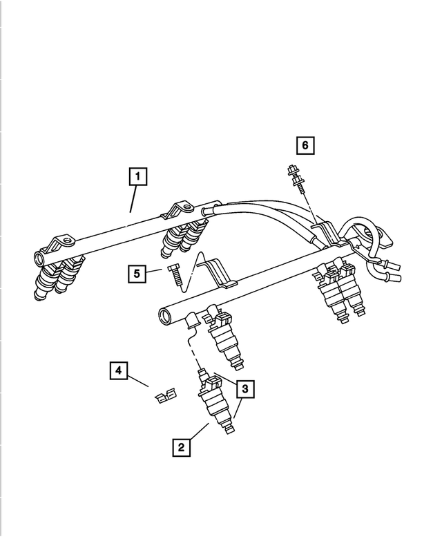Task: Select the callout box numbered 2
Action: click(x=182, y=447)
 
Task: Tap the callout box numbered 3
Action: click(x=244, y=389)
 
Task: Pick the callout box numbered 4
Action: click(x=119, y=371)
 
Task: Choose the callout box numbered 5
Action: click(x=137, y=274)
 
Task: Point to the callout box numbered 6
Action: click(x=305, y=145)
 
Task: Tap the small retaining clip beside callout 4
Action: click(x=164, y=397)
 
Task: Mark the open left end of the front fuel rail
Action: click(x=166, y=317)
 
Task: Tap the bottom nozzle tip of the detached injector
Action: click(x=231, y=431)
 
